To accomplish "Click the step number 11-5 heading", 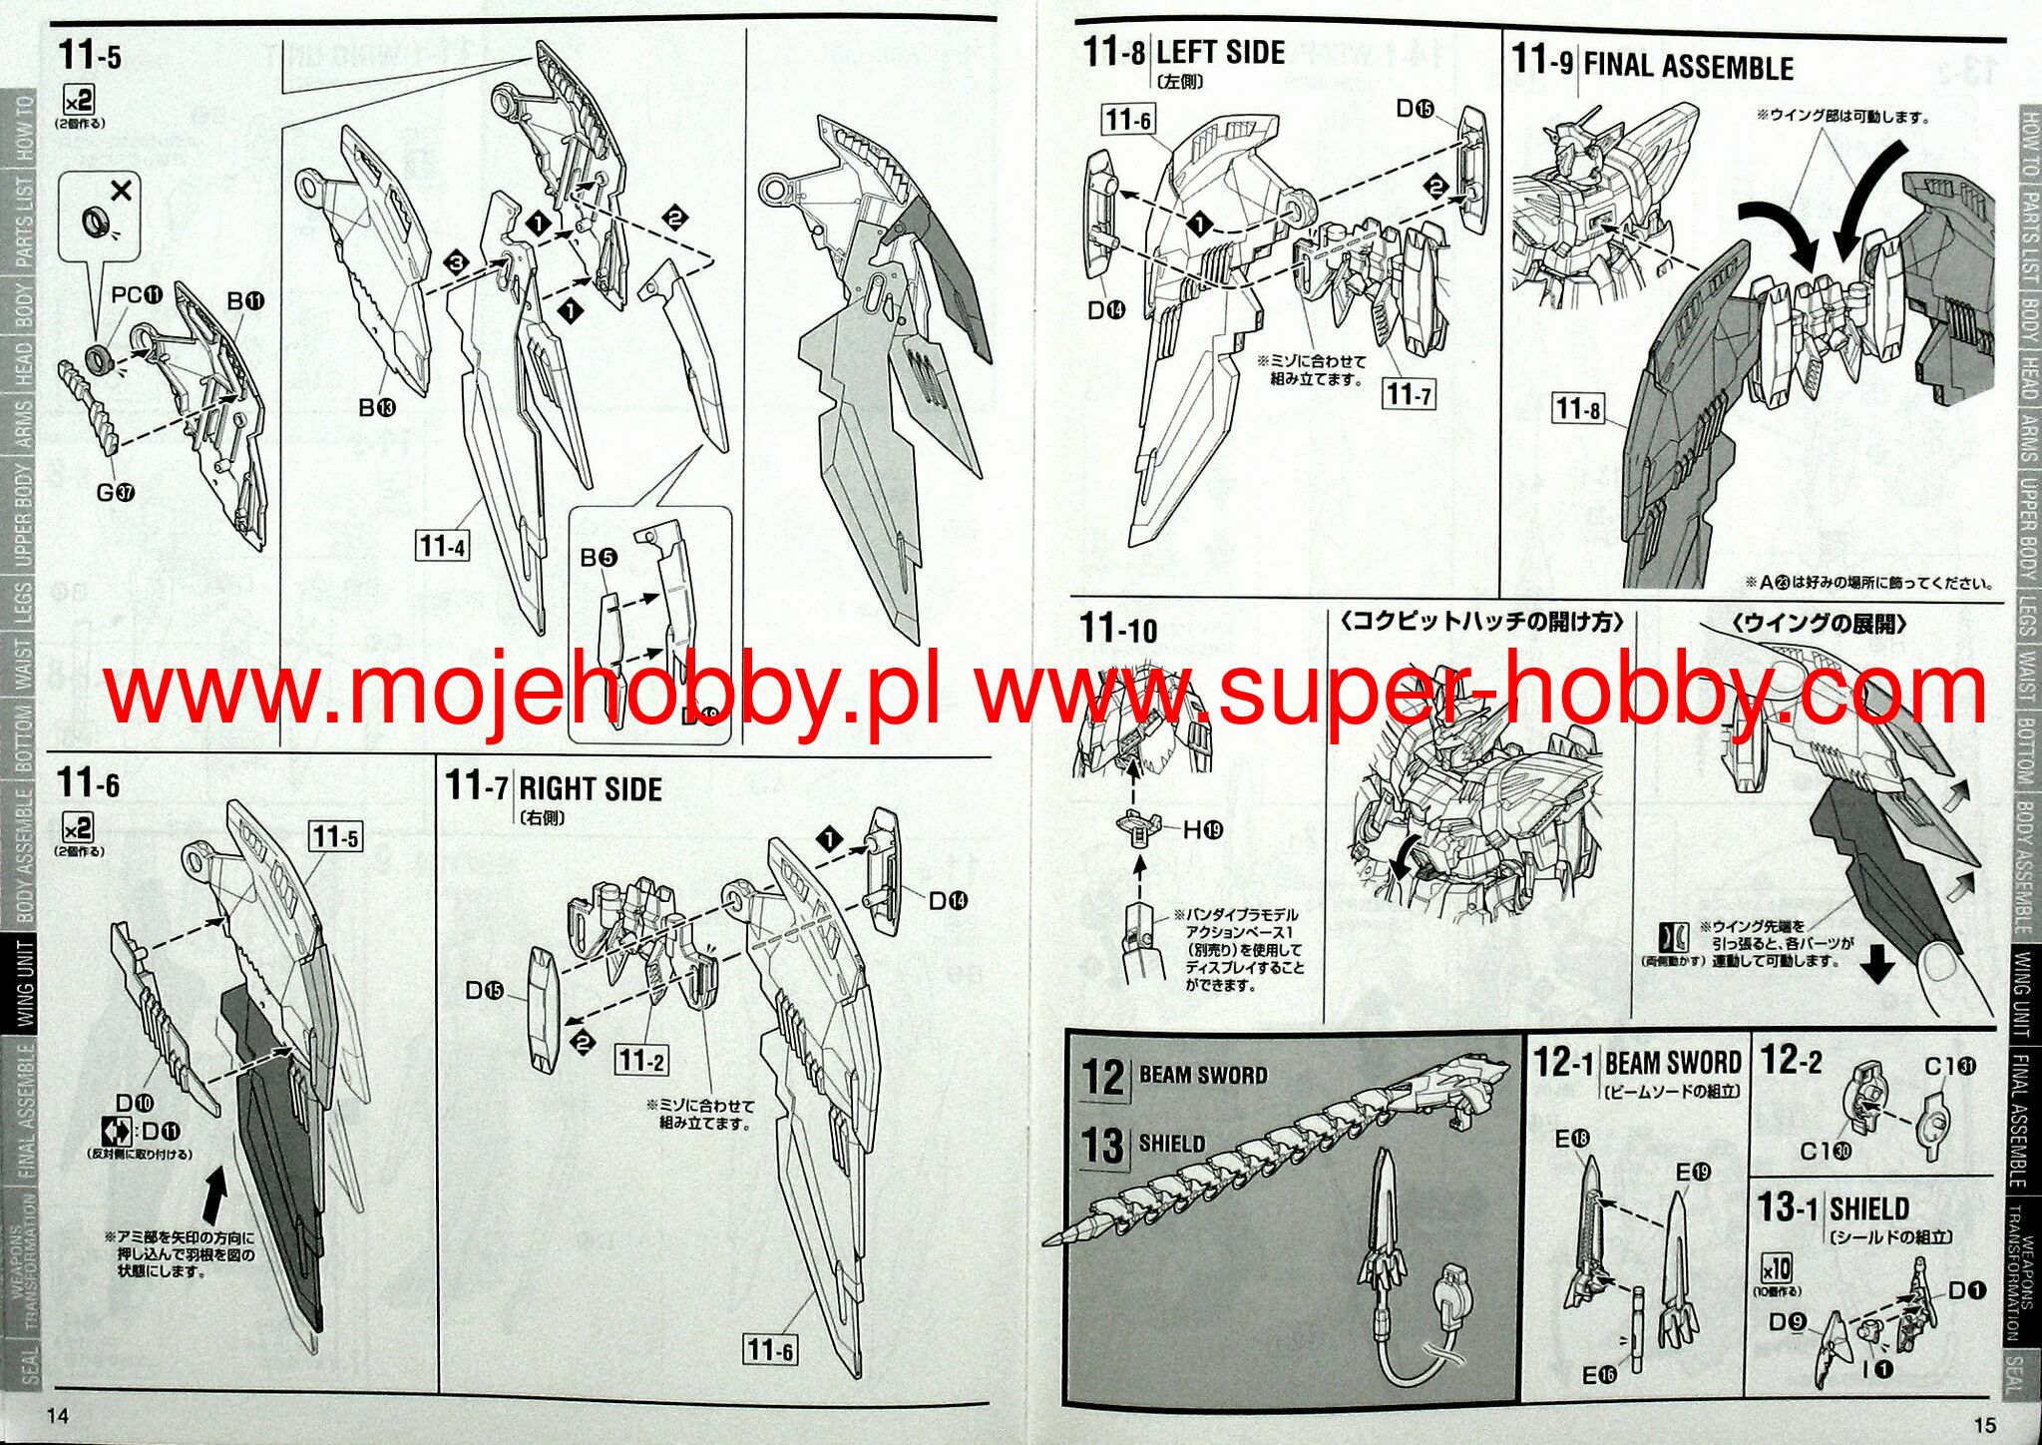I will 89,56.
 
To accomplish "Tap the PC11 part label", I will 137,295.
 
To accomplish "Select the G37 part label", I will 116,492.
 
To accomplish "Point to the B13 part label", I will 377,407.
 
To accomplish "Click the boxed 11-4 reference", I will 442,546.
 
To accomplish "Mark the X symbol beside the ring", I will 122,191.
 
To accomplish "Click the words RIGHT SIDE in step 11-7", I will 591,789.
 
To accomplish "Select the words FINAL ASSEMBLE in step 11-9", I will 1688,67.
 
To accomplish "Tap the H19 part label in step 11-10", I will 1203,829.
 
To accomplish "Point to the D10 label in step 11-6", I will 135,1103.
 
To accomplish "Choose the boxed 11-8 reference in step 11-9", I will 1577,408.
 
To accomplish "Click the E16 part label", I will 1599,1375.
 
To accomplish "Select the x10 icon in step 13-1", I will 1776,1269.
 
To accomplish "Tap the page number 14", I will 58,1416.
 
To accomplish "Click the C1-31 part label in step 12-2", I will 1949,1067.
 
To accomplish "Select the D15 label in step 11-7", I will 484,990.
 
